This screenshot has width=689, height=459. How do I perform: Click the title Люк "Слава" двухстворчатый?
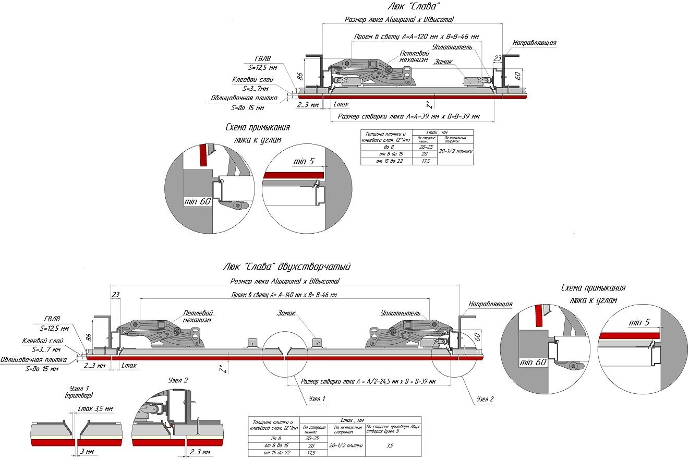coord(286,267)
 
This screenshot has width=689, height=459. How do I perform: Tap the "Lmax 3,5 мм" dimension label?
coord(95,409)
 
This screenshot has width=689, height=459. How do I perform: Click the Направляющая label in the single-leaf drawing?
coord(534,43)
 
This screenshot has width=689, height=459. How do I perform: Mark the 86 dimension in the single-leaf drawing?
coord(300,75)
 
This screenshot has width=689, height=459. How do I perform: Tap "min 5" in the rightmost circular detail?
coord(639,322)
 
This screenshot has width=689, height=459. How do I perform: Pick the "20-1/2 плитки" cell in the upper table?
coord(455,151)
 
